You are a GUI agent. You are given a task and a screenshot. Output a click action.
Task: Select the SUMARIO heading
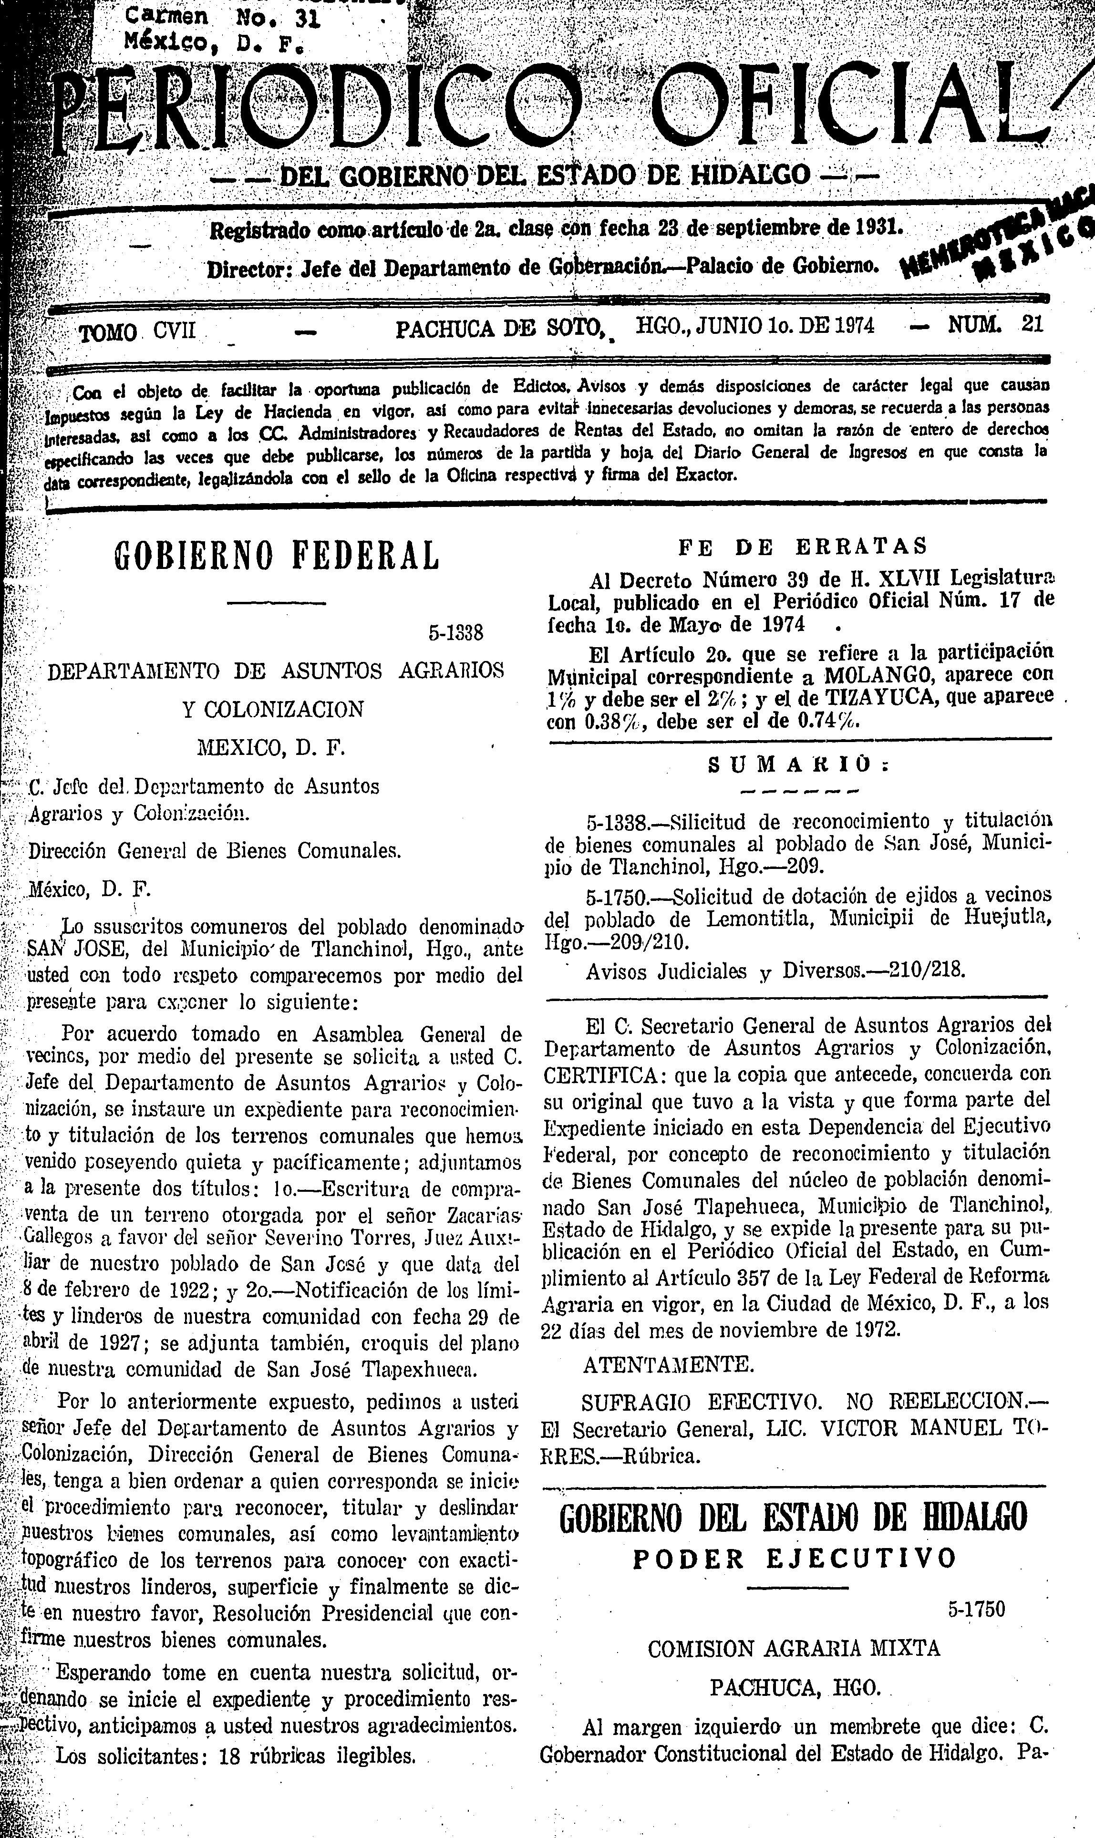pos(797,764)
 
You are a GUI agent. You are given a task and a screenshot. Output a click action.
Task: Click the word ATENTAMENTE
pos(669,1365)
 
